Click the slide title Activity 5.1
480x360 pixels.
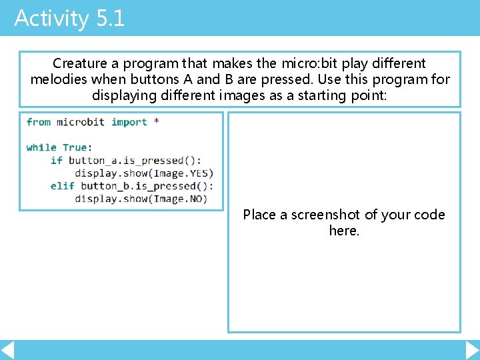pos(69,18)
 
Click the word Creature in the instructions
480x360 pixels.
pos(80,63)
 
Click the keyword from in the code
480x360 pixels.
pos(39,122)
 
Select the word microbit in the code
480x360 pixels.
pos(81,122)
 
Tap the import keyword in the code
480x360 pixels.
pos(129,122)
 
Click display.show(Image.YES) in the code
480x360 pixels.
pos(144,173)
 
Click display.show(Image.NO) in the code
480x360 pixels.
pos(141,199)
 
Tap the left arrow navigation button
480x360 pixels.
pos(7,350)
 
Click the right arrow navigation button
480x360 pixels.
pos(472,350)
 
